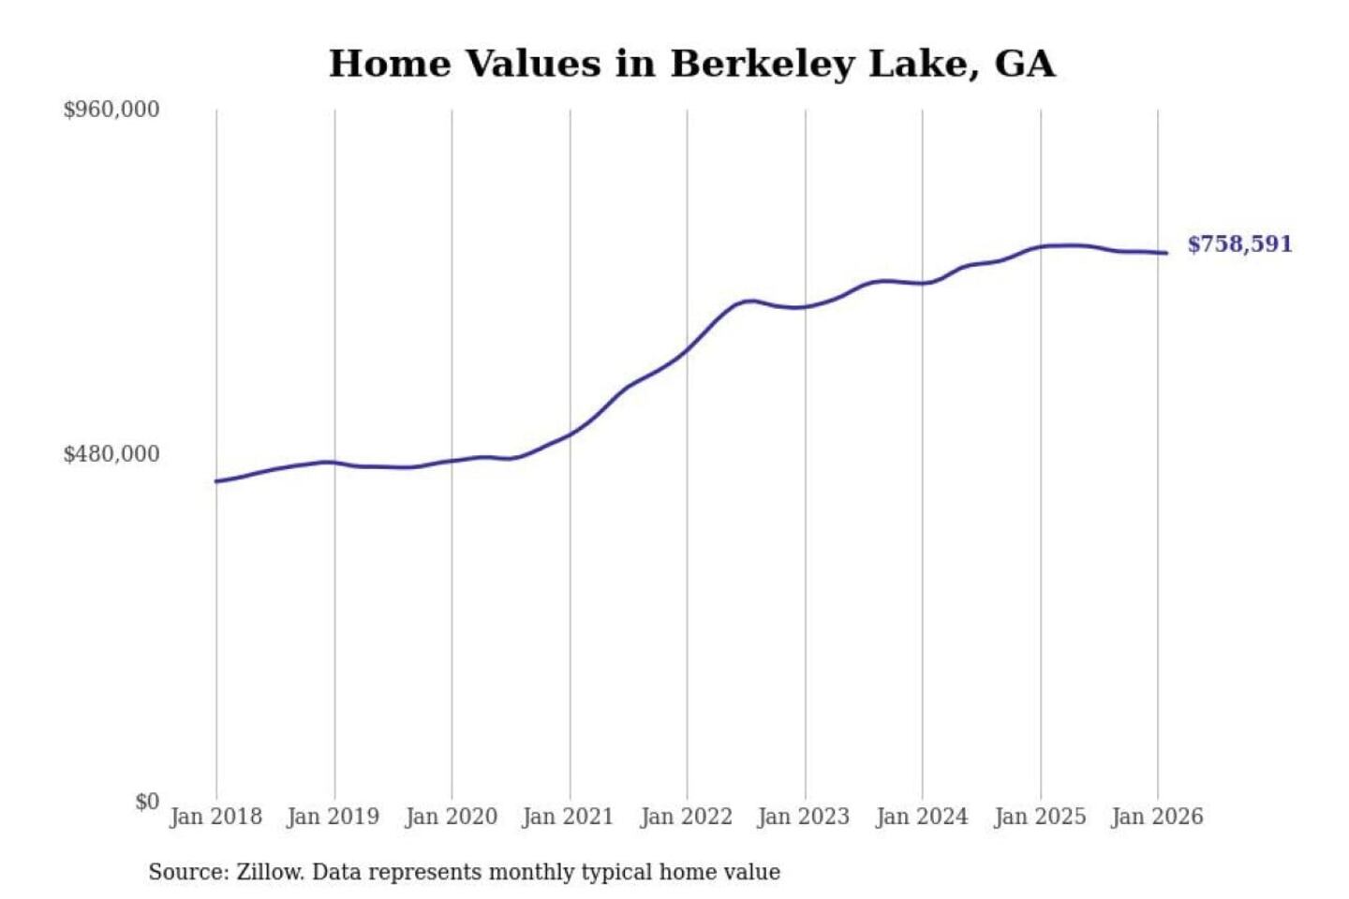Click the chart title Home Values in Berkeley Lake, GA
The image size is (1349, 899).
click(691, 64)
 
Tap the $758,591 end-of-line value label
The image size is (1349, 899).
click(1239, 244)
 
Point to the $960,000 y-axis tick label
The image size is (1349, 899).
click(111, 110)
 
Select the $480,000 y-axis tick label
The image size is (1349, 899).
click(111, 454)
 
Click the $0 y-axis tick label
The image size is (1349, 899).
click(147, 802)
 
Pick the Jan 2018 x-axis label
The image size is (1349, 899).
click(215, 817)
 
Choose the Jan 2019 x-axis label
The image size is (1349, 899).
click(333, 817)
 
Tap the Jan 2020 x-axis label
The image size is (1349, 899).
click(451, 817)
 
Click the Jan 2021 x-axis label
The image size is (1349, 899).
click(568, 817)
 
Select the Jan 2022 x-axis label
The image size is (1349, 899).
click(686, 817)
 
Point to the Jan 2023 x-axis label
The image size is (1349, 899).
click(803, 817)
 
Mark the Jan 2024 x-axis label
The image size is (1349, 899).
click(921, 817)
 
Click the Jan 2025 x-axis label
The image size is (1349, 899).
click(1039, 817)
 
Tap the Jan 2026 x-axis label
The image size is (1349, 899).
click(1156, 817)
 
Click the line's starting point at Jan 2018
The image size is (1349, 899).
click(216, 481)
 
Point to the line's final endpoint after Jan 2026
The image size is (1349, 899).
click(1166, 253)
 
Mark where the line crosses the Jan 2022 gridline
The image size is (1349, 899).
click(687, 350)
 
